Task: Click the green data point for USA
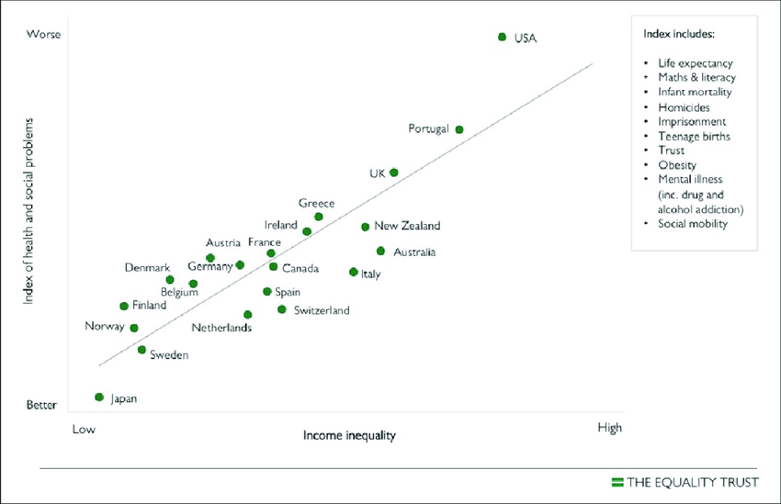(x=502, y=37)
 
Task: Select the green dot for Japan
(x=98, y=397)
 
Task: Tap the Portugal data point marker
(x=459, y=129)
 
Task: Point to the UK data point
(x=394, y=172)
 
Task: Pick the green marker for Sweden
(x=141, y=350)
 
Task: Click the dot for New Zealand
(x=365, y=226)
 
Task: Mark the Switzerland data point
(x=282, y=309)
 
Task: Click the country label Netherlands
(x=221, y=328)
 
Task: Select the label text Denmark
(x=147, y=268)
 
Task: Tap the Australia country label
(x=414, y=252)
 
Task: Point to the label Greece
(x=316, y=203)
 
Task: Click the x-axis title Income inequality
(x=349, y=435)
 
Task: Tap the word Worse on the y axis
(x=43, y=35)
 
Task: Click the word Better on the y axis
(x=41, y=405)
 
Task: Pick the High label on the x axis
(x=609, y=428)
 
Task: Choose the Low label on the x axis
(x=84, y=429)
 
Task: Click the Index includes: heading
(x=679, y=34)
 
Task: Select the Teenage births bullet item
(x=694, y=136)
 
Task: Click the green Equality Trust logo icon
(x=617, y=481)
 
